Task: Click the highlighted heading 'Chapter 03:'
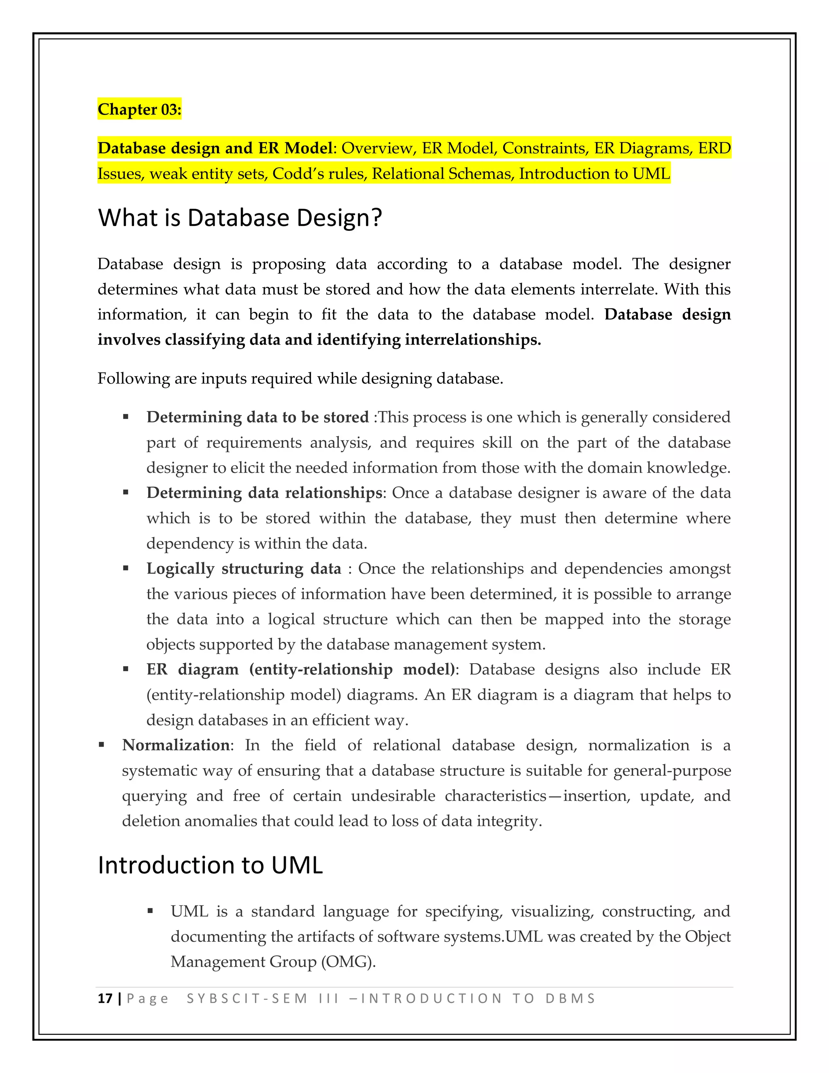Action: coord(140,109)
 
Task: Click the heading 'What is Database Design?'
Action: coord(240,218)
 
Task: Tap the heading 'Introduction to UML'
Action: coord(210,865)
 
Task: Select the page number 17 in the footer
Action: coord(105,998)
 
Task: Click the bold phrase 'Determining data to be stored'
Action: coord(257,417)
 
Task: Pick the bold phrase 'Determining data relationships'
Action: coord(264,493)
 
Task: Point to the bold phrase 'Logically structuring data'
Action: coord(244,568)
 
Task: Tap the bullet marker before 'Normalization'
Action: coord(102,745)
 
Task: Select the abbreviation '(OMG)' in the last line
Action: coord(348,962)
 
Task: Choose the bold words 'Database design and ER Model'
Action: coord(215,148)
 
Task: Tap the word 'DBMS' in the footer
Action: coord(570,998)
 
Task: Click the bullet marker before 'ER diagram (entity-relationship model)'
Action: coord(126,669)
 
